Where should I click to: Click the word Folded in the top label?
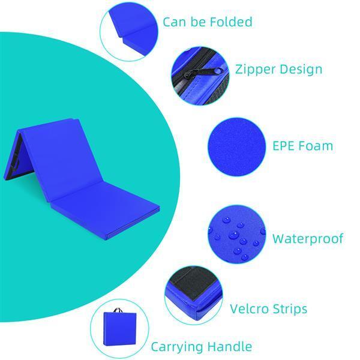231,22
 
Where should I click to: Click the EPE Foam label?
302,146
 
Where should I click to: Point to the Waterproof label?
308,239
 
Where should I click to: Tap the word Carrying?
176,347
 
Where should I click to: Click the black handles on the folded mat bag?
118,310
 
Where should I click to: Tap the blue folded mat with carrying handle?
119,327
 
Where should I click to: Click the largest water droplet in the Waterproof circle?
234,235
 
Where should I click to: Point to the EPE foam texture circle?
237,147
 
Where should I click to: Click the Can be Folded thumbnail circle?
129,31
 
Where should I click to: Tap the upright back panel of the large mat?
62,159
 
